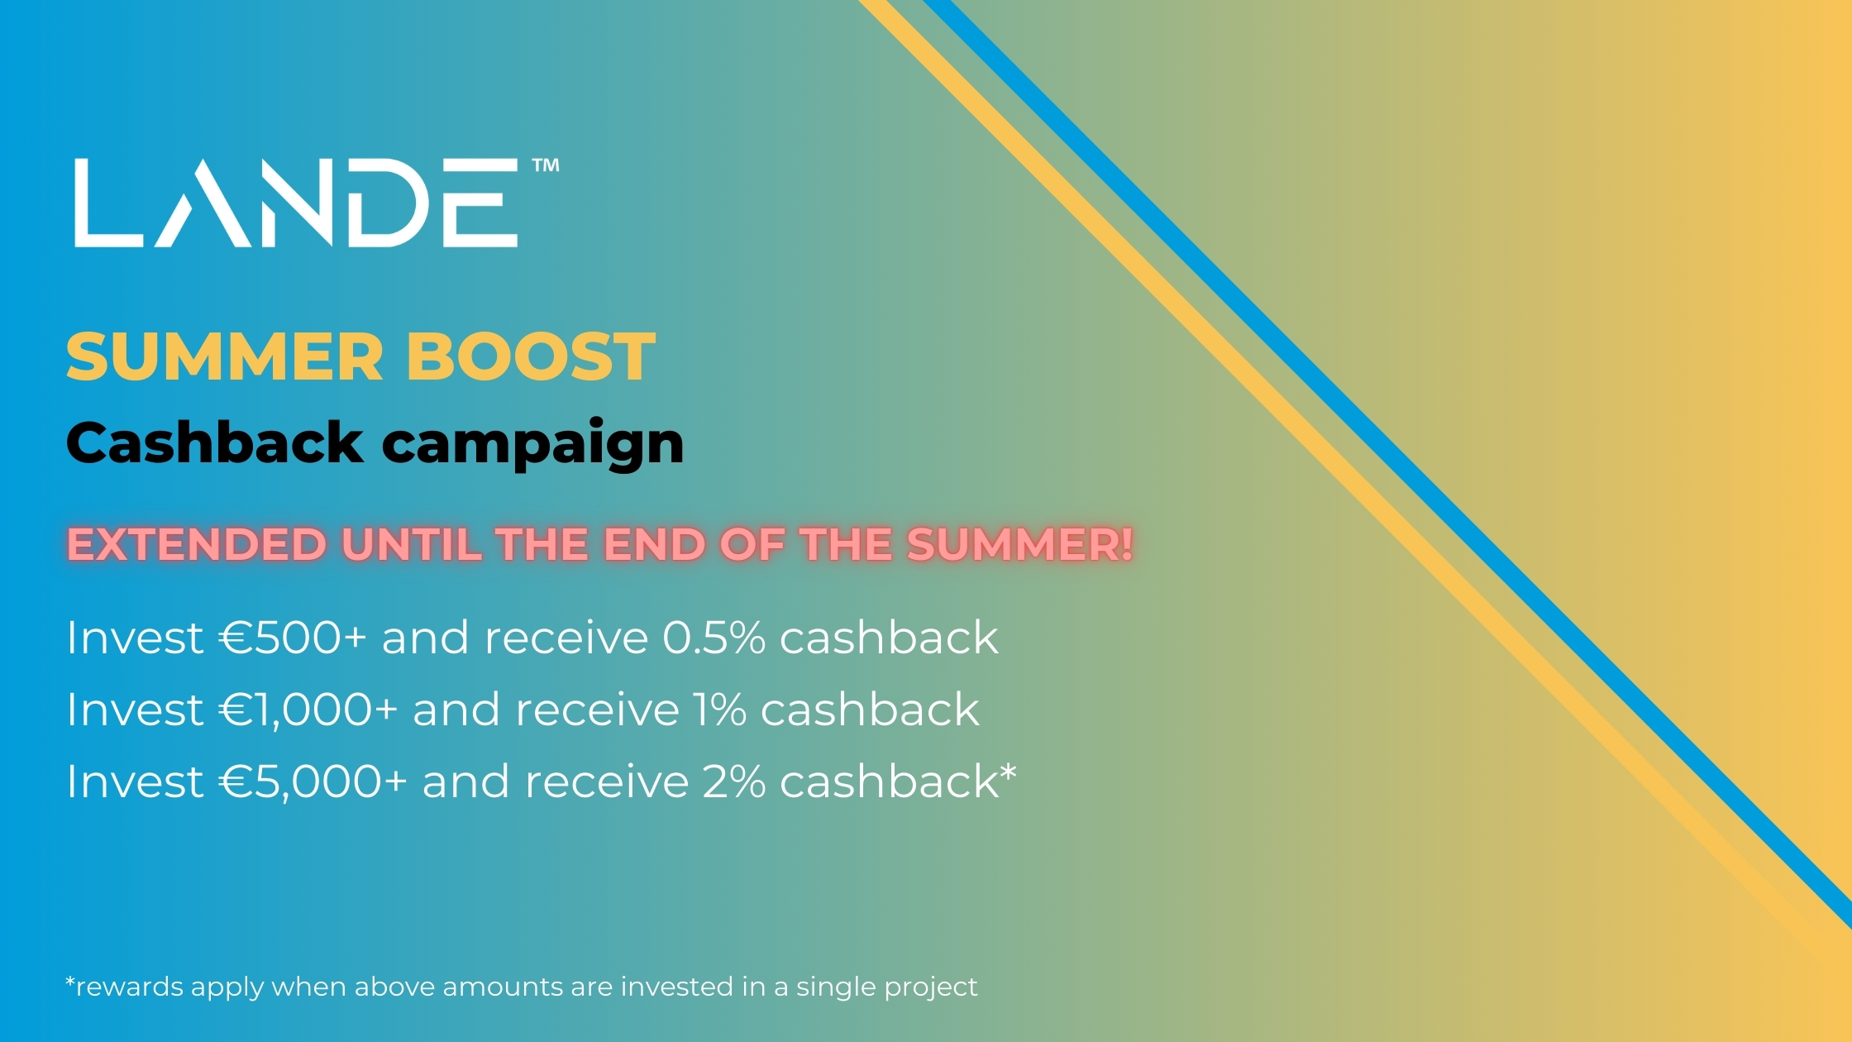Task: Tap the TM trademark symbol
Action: [x=546, y=165]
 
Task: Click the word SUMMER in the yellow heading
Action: [x=225, y=356]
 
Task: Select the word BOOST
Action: [x=530, y=356]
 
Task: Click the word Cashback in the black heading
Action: [x=215, y=442]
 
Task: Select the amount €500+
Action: [x=293, y=638]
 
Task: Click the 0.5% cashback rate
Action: [x=714, y=638]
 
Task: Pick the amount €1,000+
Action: [x=308, y=710]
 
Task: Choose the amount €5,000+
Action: [x=313, y=781]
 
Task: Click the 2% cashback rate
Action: [x=734, y=781]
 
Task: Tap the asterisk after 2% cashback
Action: [x=1009, y=773]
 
